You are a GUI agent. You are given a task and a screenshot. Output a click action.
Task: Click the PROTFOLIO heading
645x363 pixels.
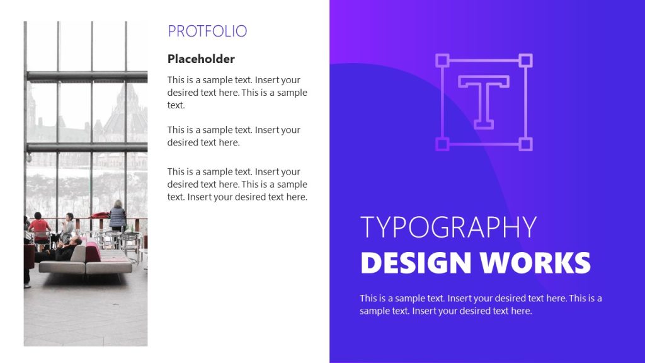coord(207,31)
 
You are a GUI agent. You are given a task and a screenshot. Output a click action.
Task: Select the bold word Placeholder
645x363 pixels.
coord(201,59)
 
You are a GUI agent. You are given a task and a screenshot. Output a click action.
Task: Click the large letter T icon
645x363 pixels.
coord(484,101)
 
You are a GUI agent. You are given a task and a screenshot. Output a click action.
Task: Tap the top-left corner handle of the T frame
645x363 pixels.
coord(442,60)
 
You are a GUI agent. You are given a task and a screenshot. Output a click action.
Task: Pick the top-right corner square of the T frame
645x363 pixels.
coord(525,60)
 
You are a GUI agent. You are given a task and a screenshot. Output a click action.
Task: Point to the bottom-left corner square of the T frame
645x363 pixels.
coord(442,144)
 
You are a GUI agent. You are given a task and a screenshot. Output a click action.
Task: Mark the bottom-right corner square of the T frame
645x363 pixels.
coord(525,144)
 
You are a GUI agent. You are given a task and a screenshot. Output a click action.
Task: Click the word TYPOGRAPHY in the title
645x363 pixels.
coord(448,228)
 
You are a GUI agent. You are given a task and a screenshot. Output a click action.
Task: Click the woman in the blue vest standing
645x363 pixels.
coord(117,216)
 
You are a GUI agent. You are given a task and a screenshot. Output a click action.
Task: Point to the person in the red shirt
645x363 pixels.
coord(39,225)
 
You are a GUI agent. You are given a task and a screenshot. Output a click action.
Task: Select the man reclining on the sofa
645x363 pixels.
coord(63,250)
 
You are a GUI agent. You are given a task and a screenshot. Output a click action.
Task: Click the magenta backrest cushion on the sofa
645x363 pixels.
coord(93,252)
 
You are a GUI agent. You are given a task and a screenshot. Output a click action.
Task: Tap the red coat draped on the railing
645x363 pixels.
coord(100,216)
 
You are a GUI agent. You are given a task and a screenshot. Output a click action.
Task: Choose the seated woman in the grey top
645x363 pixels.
coord(67,227)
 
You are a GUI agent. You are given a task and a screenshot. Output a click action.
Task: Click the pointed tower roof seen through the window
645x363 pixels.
coord(120,101)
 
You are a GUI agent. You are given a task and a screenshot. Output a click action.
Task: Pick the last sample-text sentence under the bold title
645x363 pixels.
coord(446,311)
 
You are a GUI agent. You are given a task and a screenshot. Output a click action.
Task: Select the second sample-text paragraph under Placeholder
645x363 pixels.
coord(234,136)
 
